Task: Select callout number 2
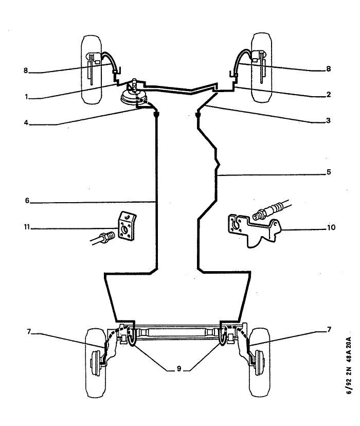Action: click(328, 95)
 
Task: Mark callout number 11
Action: click(26, 226)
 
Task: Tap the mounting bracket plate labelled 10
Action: click(254, 229)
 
